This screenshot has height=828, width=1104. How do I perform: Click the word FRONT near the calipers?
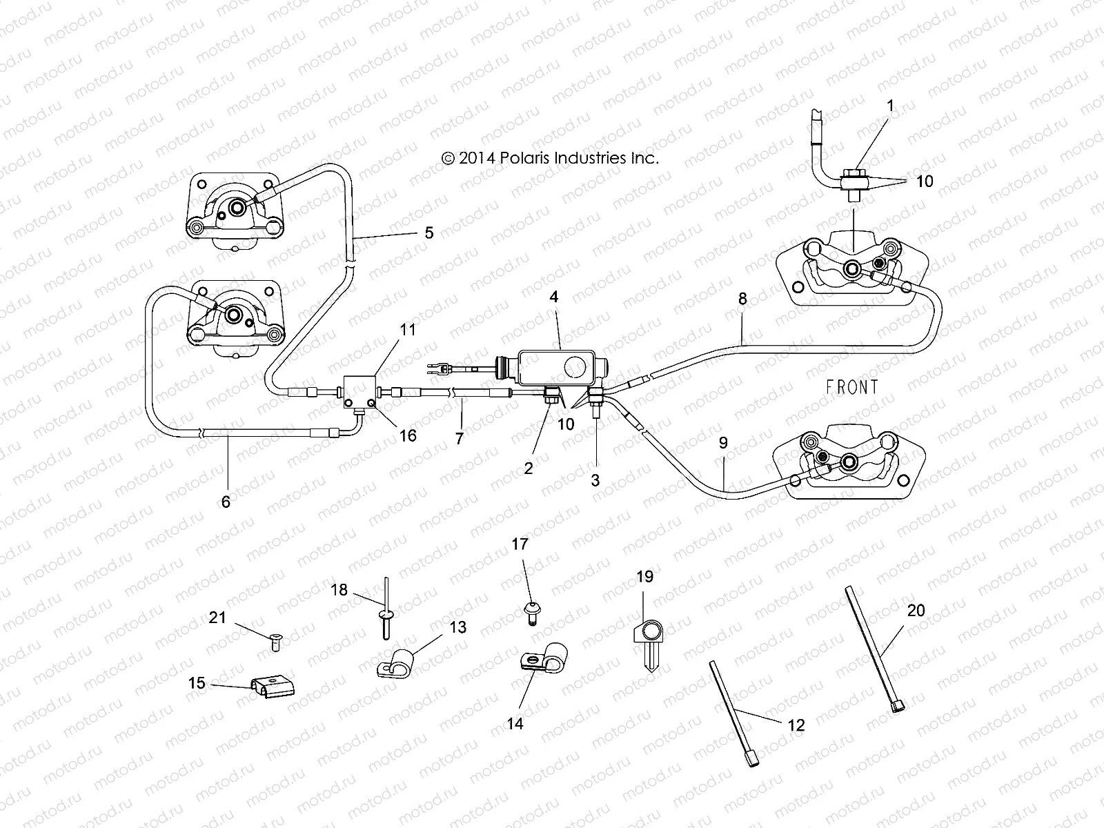click(x=852, y=387)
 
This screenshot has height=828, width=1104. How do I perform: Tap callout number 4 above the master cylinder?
click(x=553, y=297)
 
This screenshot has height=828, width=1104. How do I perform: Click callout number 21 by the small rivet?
click(x=217, y=618)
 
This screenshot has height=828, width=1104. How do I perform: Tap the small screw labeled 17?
click(x=532, y=611)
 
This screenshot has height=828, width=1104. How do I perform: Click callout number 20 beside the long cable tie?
click(x=916, y=611)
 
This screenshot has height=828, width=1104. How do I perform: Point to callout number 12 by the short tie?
click(x=796, y=725)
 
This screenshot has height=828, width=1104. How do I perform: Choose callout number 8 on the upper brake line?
click(x=742, y=299)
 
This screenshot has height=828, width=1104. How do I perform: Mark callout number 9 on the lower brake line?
click(x=723, y=443)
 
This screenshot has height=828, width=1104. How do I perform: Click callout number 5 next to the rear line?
click(x=428, y=233)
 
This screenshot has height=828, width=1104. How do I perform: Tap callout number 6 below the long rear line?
click(x=226, y=502)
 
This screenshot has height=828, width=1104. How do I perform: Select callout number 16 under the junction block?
click(x=408, y=435)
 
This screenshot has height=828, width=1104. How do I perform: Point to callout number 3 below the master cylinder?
click(x=595, y=480)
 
